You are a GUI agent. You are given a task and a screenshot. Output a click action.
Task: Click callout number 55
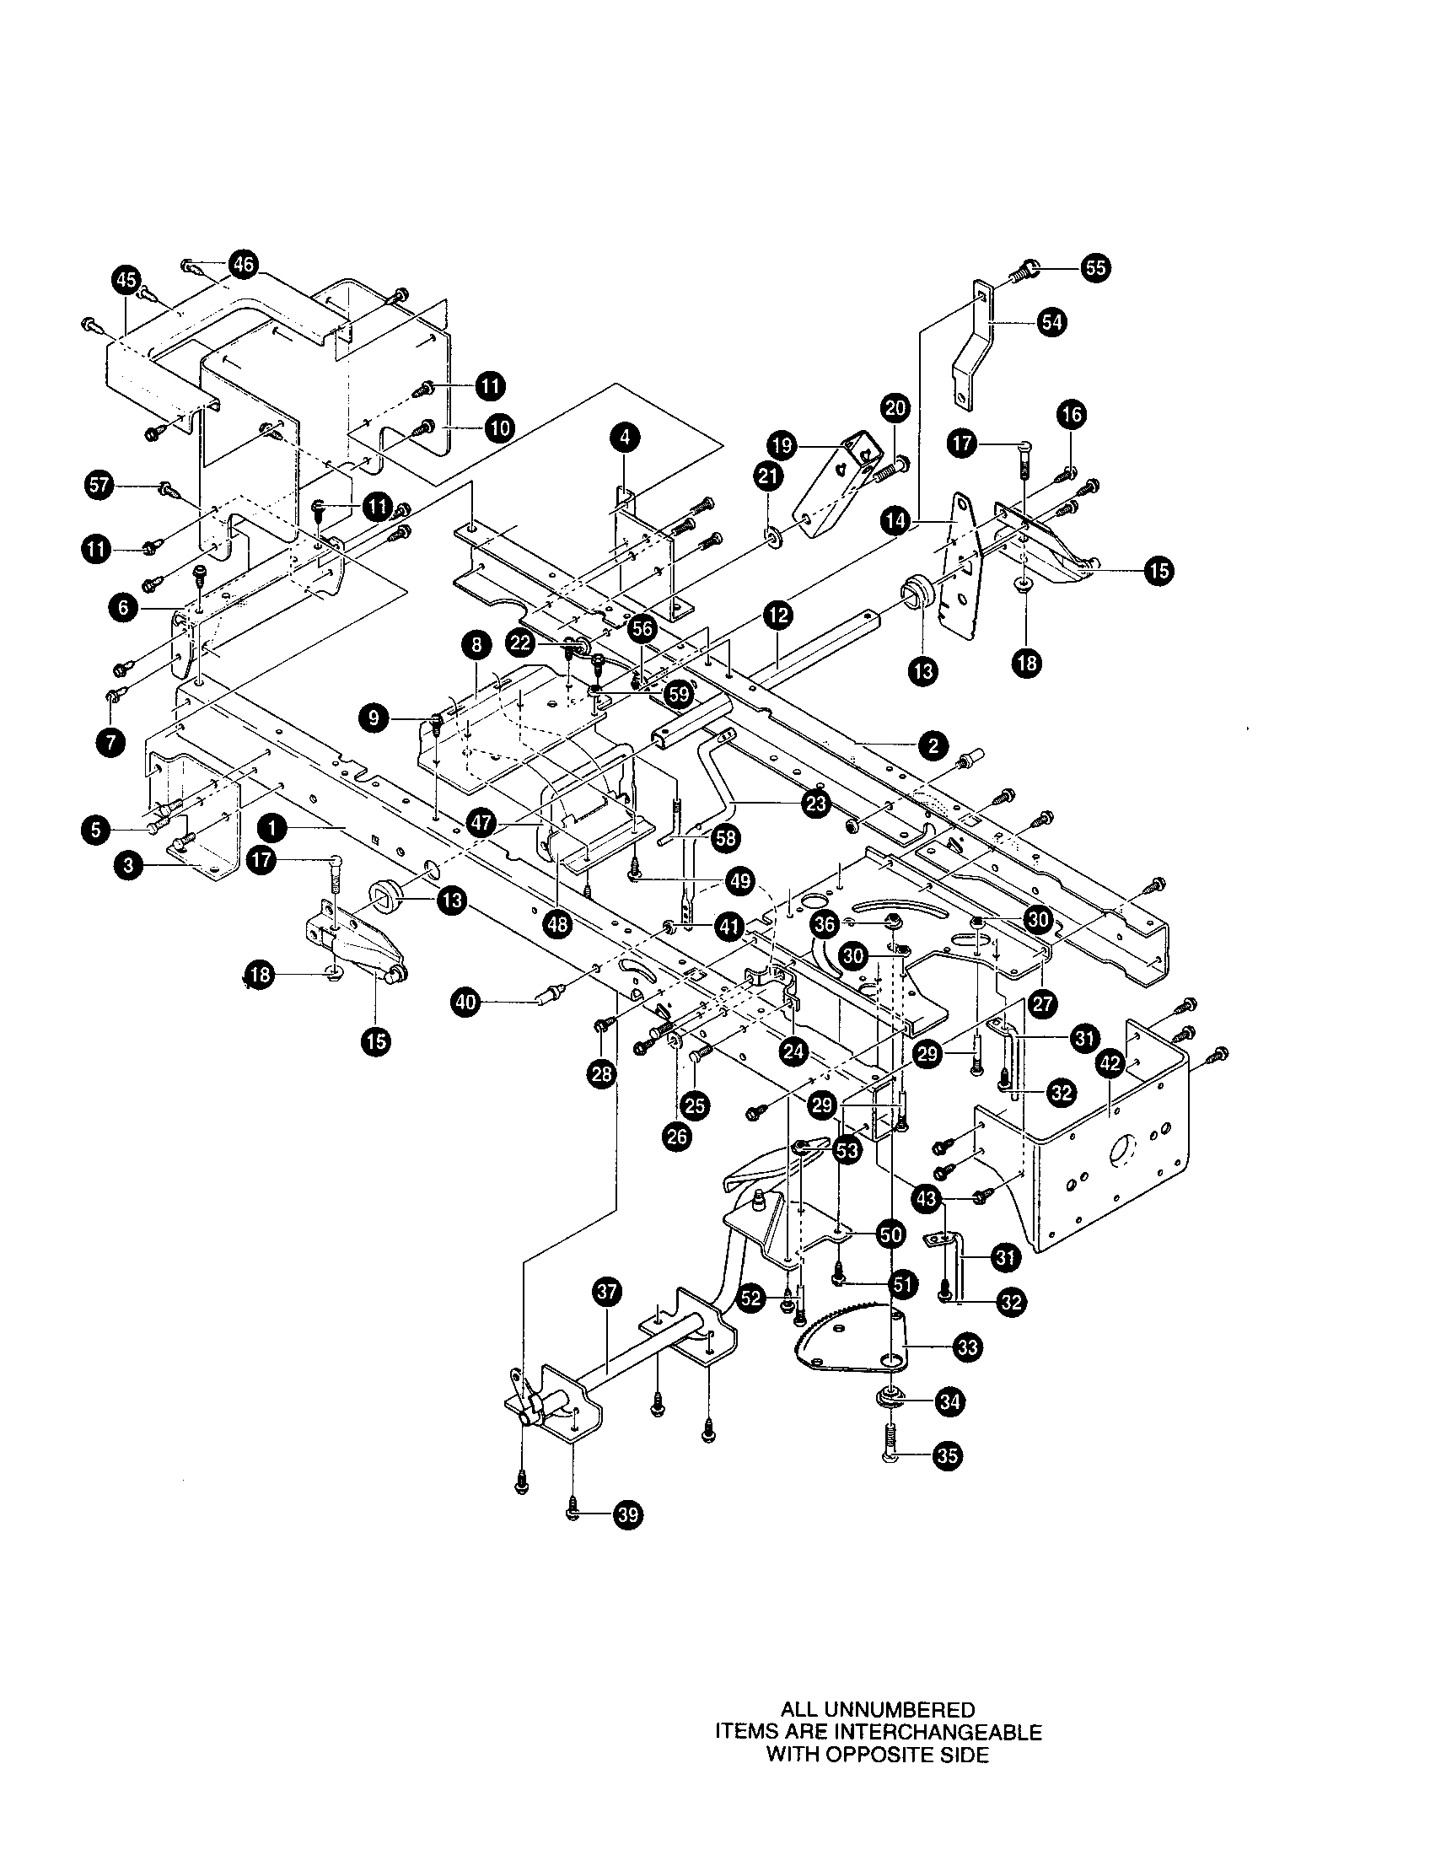pyautogui.click(x=1096, y=268)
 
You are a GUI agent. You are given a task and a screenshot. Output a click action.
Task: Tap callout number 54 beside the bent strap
pyautogui.click(x=1052, y=323)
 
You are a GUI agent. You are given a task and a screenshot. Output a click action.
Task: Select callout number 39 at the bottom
pyautogui.click(x=627, y=1515)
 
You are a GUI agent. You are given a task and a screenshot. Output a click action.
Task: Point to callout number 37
pyautogui.click(x=608, y=1293)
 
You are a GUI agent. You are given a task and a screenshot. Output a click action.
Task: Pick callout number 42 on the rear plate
pyautogui.click(x=1110, y=1063)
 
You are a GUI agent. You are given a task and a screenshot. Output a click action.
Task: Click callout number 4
pyautogui.click(x=625, y=438)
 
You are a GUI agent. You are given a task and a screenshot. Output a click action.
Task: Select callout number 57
pyautogui.click(x=100, y=486)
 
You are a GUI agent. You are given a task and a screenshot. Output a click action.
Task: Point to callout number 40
pyautogui.click(x=465, y=1003)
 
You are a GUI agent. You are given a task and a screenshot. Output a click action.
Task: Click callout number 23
pyautogui.click(x=816, y=804)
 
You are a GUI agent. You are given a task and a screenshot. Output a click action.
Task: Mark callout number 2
pyautogui.click(x=933, y=745)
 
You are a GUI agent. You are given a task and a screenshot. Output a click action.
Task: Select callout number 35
pyautogui.click(x=948, y=1456)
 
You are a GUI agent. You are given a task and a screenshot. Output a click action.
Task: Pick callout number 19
pyautogui.click(x=781, y=444)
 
